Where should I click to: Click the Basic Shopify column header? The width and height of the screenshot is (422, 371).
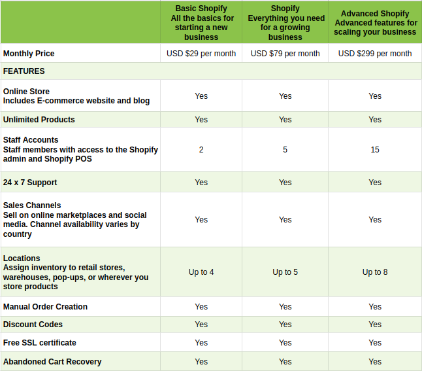[x=201, y=22]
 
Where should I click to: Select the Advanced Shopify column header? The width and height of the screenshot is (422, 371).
[x=375, y=22]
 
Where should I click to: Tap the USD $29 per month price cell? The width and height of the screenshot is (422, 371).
[x=201, y=54]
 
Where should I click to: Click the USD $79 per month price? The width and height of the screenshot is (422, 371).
[x=285, y=54]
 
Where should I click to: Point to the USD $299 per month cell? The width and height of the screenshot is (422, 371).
[x=375, y=54]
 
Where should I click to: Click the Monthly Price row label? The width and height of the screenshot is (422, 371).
[x=29, y=54]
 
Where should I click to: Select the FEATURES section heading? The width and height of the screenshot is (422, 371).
[x=24, y=71]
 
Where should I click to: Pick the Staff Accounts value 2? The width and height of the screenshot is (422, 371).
[x=201, y=150]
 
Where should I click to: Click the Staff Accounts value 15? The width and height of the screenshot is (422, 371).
[x=375, y=150]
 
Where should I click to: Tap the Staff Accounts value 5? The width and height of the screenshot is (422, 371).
[x=285, y=150]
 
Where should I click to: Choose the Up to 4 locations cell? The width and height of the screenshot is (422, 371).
[x=201, y=272]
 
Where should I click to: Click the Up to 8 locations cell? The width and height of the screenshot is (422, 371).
[x=375, y=272]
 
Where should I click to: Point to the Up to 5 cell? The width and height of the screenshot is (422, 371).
[x=285, y=272]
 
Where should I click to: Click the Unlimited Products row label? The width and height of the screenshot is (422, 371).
[x=39, y=120]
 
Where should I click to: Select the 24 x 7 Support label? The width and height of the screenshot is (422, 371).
[x=30, y=183]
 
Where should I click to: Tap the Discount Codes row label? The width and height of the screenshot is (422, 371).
[x=33, y=325]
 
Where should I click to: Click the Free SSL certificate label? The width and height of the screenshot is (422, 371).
[x=40, y=343]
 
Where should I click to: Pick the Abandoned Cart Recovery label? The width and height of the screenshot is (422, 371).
[x=52, y=362]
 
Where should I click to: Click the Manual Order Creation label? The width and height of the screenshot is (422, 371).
[x=45, y=307]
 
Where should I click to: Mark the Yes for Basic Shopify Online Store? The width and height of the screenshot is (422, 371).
[x=201, y=96]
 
